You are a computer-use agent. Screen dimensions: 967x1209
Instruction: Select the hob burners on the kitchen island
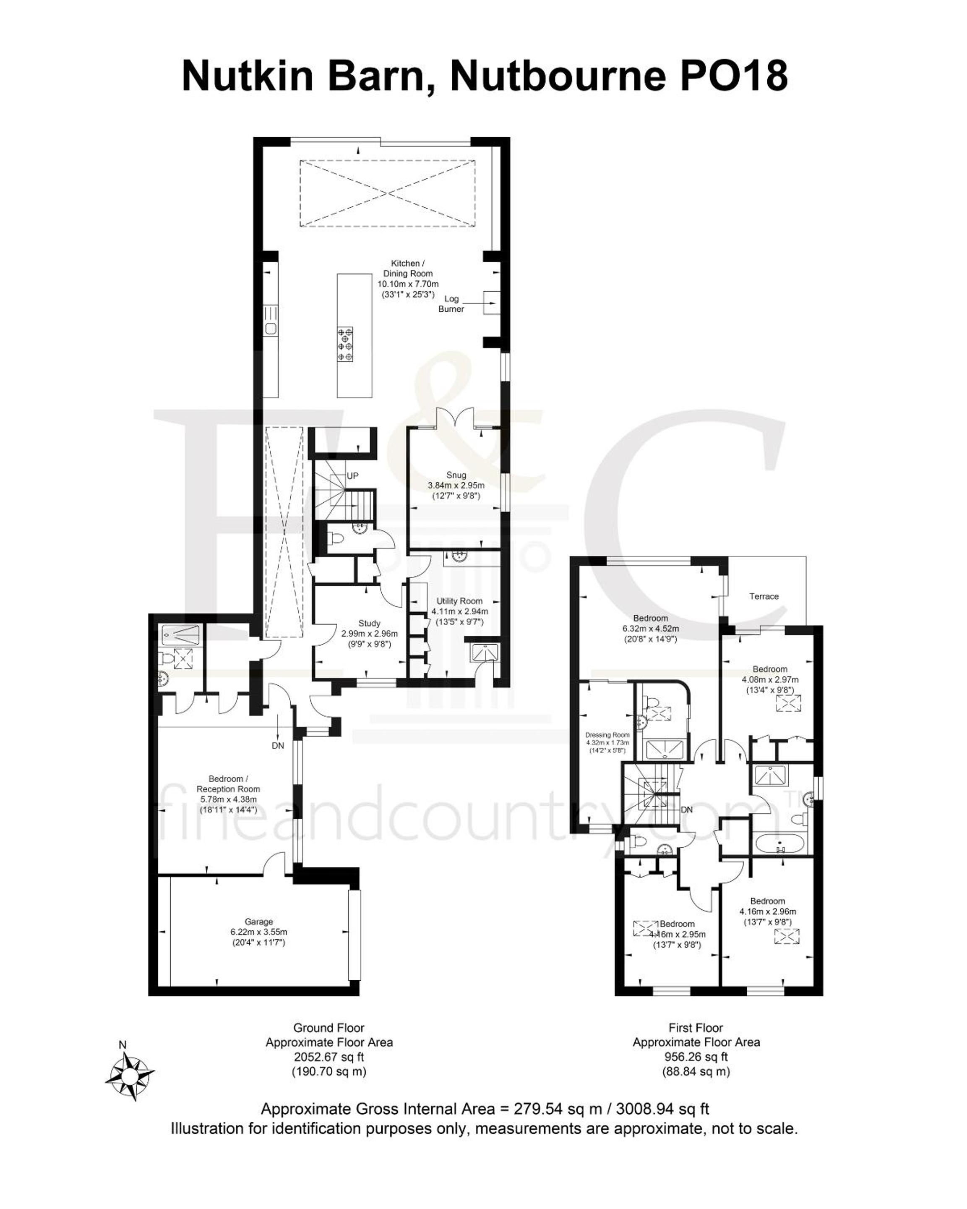point(345,344)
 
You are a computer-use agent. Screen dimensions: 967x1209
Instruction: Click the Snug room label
point(456,475)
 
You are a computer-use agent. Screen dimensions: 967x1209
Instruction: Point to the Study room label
point(370,623)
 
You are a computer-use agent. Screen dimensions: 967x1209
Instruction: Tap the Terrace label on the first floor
point(764,596)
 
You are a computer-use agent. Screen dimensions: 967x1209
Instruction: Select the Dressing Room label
point(607,735)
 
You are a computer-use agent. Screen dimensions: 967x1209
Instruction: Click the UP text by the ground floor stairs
point(352,475)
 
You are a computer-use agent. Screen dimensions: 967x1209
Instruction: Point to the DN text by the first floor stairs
point(687,810)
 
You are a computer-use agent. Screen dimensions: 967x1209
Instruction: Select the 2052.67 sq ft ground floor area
point(329,1057)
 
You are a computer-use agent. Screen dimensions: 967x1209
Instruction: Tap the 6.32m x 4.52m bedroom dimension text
point(650,629)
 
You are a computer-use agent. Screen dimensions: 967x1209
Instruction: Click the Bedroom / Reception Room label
point(228,784)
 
